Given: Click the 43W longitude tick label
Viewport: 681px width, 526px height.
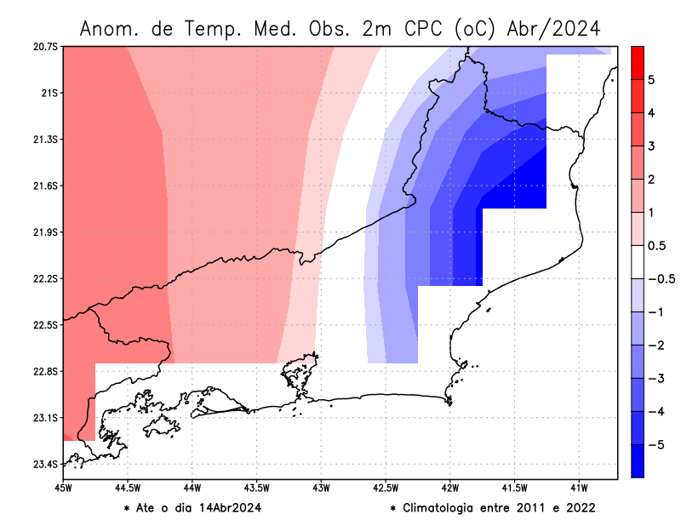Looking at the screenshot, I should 321,489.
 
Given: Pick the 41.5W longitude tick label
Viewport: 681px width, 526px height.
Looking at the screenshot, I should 515,489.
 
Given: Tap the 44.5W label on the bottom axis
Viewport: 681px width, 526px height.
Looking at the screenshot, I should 128,489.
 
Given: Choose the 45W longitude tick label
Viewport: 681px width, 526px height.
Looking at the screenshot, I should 63,489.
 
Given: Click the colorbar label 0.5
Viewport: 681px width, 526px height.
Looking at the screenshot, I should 655,246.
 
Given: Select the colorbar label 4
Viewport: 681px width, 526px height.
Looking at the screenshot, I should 650,113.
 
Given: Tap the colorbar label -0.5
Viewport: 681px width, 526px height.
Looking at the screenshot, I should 657,279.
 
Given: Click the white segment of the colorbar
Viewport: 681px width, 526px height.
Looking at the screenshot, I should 637,262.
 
